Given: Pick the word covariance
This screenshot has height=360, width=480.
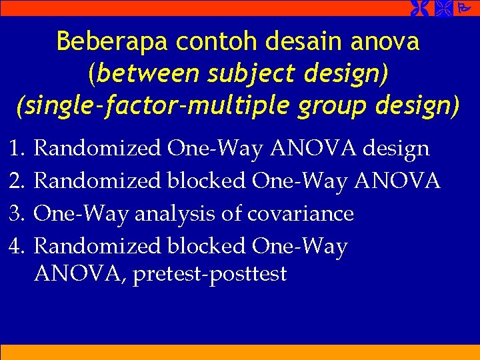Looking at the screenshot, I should point(300,213).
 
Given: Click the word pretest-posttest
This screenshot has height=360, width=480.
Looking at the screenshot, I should point(209,274).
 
